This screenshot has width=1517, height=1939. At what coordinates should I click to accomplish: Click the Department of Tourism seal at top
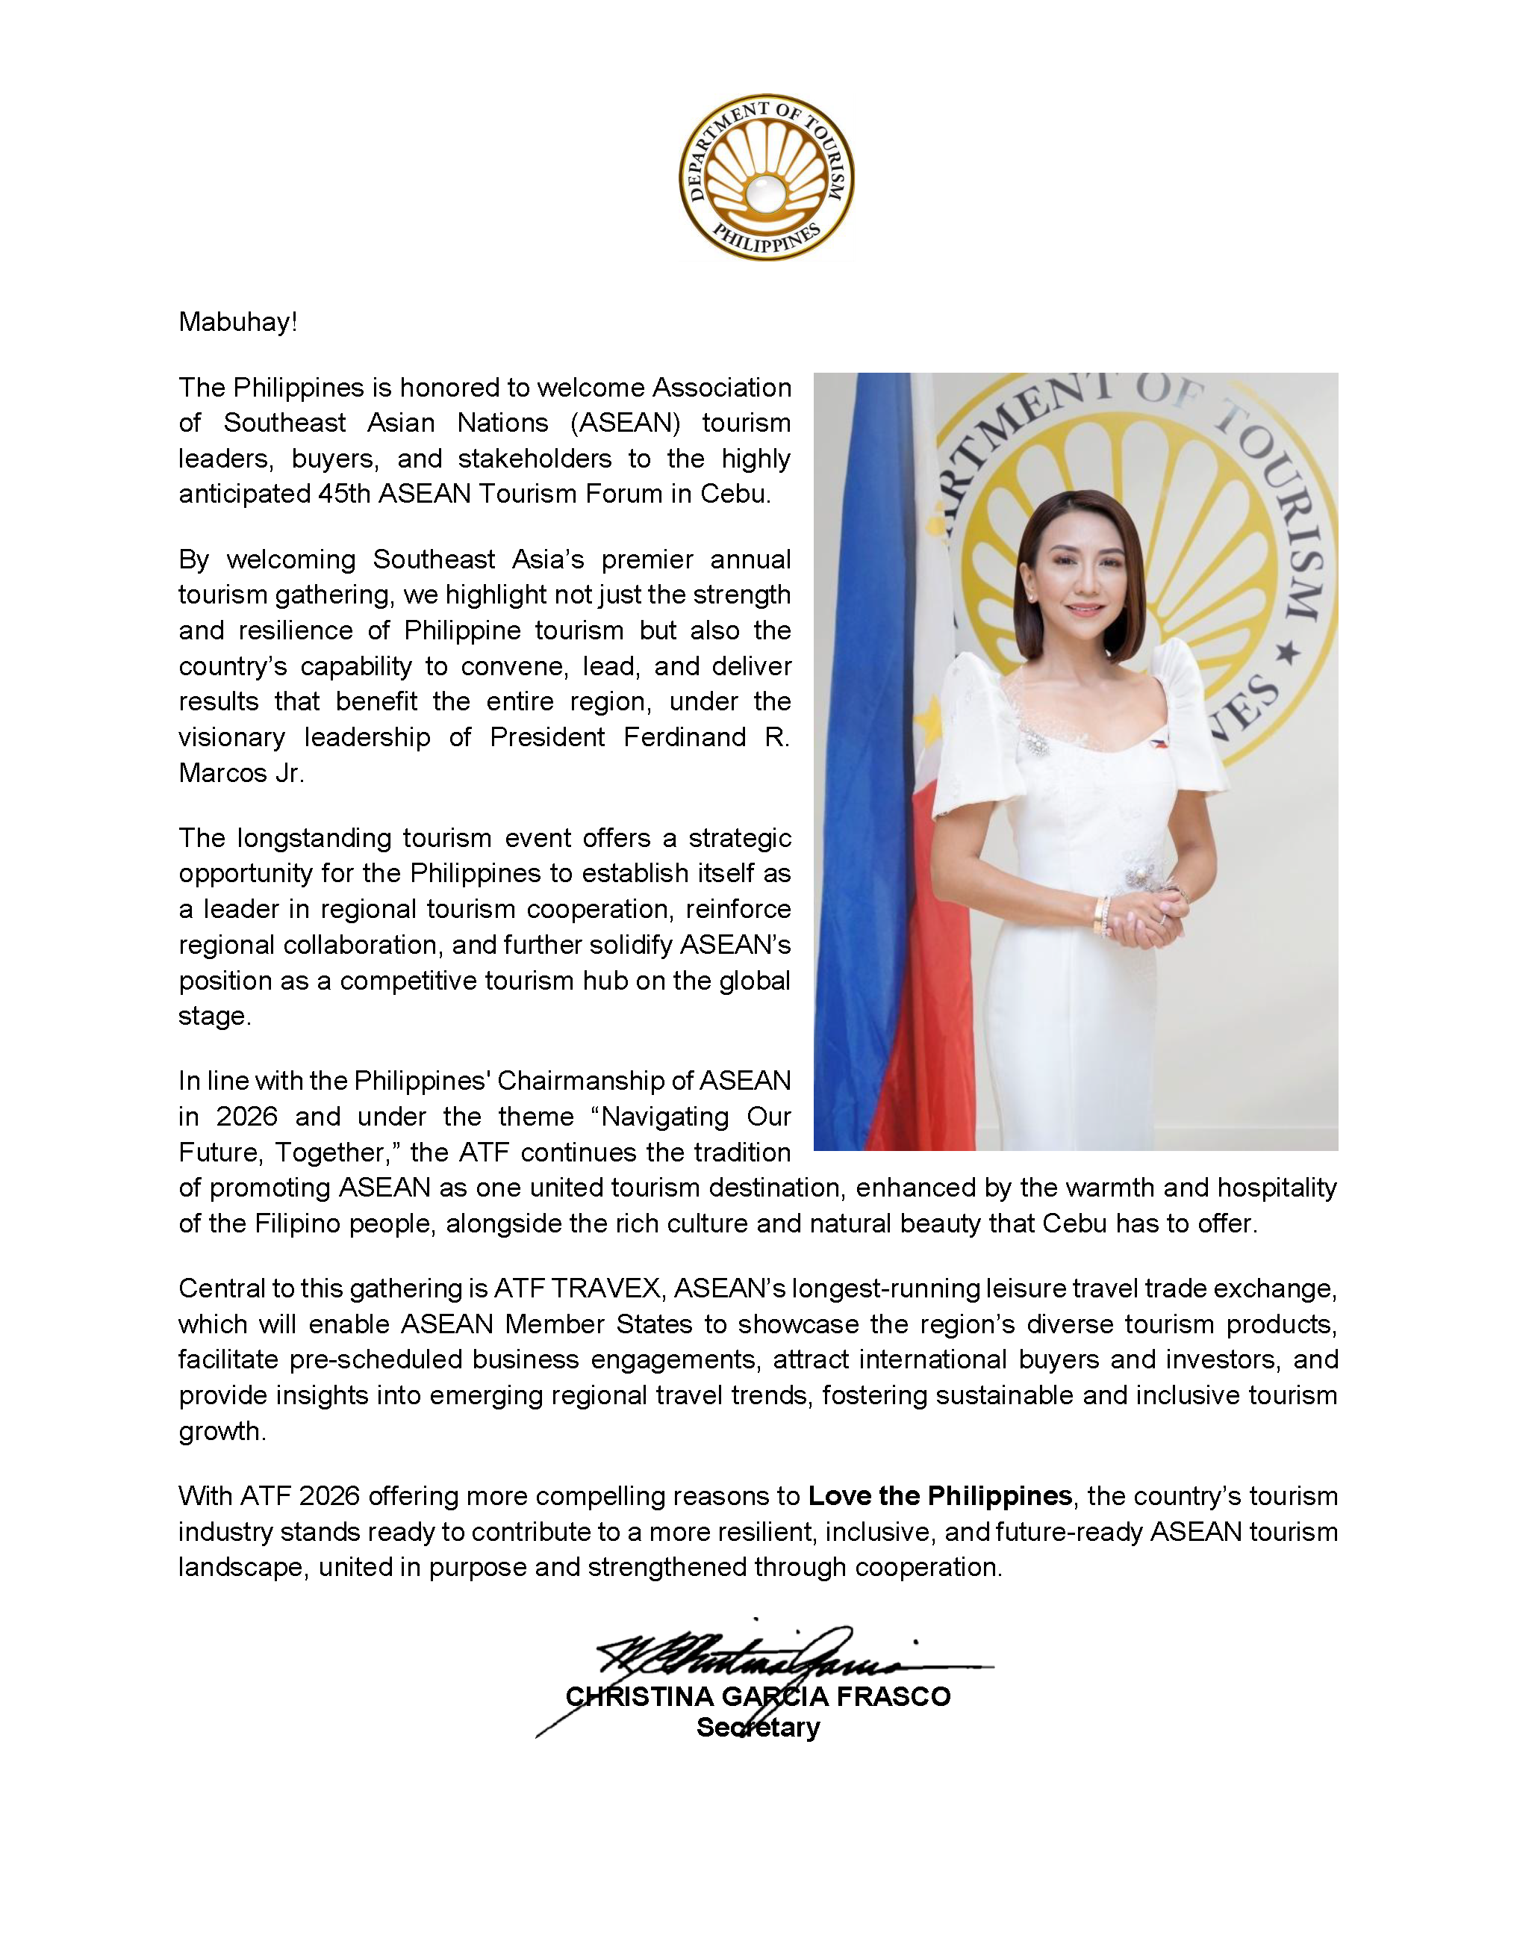[x=767, y=177]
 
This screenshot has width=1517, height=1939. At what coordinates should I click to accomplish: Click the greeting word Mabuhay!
[x=237, y=322]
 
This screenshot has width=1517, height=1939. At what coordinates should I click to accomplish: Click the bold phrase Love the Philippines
[x=940, y=1497]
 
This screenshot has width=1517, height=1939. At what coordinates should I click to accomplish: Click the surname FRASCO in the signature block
[x=893, y=1696]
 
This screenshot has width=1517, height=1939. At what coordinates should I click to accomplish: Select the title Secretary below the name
[x=758, y=1728]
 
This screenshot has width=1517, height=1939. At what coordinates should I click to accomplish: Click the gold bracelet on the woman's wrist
[x=1102, y=915]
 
